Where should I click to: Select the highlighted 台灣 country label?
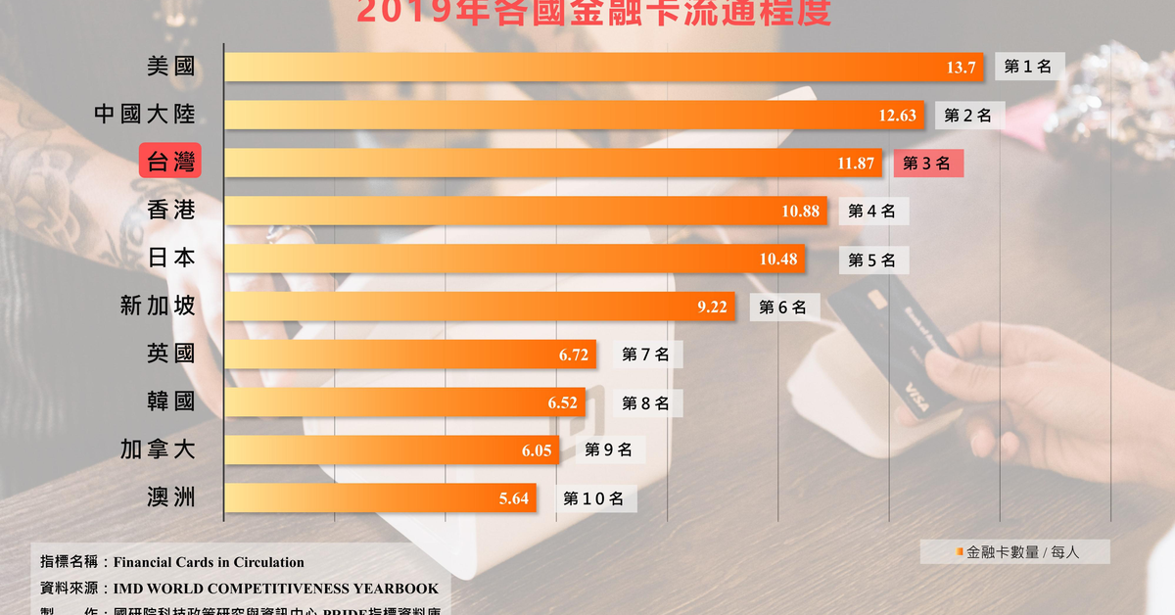click(x=170, y=163)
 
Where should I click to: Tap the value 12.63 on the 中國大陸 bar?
click(x=897, y=116)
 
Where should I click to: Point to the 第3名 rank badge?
click(x=926, y=164)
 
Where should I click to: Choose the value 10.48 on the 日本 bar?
click(x=778, y=260)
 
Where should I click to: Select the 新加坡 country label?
click(x=158, y=306)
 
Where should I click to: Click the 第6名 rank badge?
click(x=783, y=307)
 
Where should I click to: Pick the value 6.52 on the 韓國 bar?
click(x=562, y=402)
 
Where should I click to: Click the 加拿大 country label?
click(x=158, y=449)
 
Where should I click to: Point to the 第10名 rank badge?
click(x=593, y=498)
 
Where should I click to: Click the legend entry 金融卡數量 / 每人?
click(x=1016, y=552)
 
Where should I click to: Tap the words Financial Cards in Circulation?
click(x=209, y=562)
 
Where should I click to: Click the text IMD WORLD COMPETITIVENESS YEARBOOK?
click(x=276, y=589)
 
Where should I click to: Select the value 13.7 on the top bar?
click(x=962, y=68)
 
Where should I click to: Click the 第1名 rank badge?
click(x=1028, y=67)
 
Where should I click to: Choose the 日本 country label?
click(x=171, y=258)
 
